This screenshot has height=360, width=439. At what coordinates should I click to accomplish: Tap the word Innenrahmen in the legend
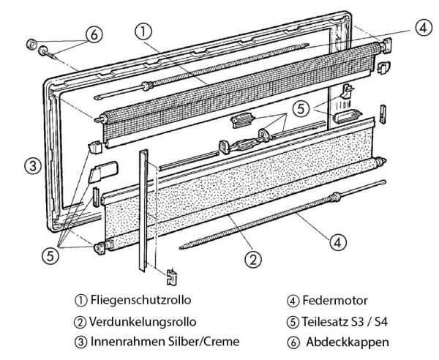pos(124,341)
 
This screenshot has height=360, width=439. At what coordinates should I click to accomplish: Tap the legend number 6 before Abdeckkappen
pos(292,341)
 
